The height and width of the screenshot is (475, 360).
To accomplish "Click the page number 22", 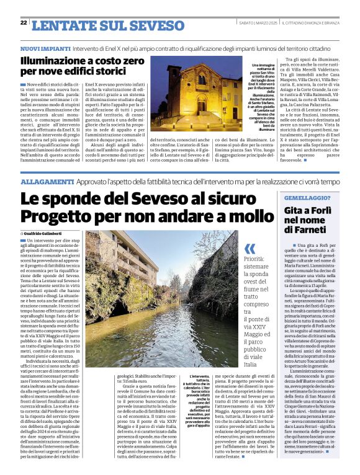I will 24,22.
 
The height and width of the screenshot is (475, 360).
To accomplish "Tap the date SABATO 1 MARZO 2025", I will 257,23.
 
